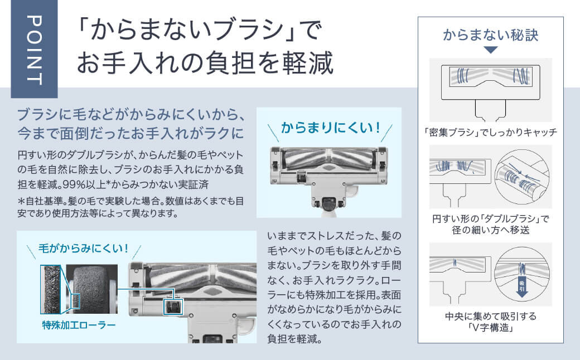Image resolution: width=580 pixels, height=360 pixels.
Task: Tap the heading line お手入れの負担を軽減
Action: [205, 64]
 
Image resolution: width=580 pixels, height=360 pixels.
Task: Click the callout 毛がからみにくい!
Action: [83, 248]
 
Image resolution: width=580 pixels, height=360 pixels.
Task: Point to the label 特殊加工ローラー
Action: [79, 324]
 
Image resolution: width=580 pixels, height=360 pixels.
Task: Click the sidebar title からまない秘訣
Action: [491, 35]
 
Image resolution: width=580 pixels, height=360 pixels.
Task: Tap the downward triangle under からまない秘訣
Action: [490, 50]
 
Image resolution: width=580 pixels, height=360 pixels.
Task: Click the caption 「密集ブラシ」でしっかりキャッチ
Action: [490, 133]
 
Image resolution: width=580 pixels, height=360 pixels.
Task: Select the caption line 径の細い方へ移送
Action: [491, 230]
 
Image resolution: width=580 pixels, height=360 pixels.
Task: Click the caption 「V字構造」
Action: [491, 328]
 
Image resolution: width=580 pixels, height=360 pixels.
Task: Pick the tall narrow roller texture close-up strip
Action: [51, 288]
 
